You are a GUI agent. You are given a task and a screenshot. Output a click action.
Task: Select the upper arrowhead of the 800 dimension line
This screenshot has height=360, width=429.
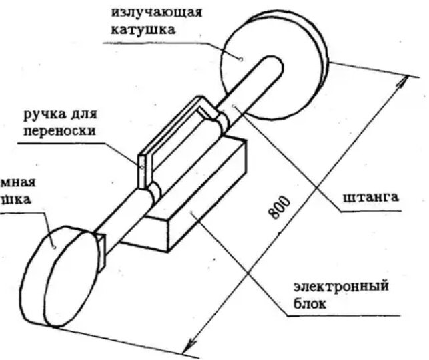click(x=404, y=81)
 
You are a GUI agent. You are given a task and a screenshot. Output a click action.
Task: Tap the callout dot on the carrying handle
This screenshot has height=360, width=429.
click(x=141, y=165)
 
